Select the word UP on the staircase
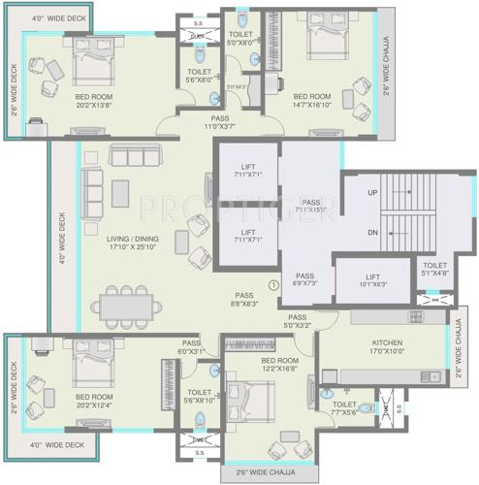(x=373, y=194)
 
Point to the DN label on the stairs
(x=373, y=233)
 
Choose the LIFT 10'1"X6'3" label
(x=373, y=280)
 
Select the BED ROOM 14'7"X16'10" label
(x=314, y=101)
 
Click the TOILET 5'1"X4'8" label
(x=435, y=269)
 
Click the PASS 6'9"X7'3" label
(x=304, y=279)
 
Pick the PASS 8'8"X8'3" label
(x=243, y=299)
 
